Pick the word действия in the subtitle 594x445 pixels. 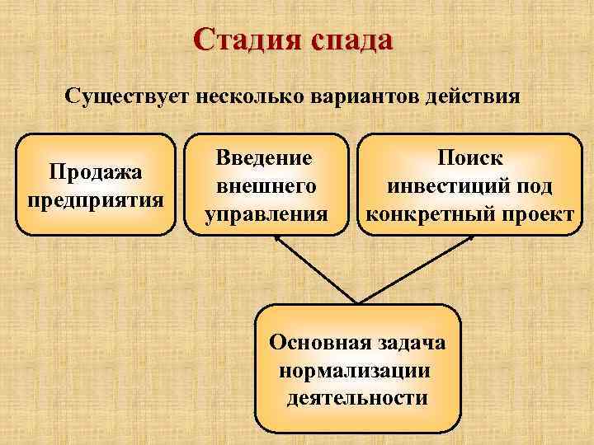click(471, 97)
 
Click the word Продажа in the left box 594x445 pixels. click(96, 172)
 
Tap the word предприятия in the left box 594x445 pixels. click(96, 199)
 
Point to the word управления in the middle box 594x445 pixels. click(266, 214)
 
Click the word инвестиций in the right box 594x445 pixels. click(443, 186)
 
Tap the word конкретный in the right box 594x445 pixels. click(429, 214)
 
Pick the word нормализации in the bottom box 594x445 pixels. click(355, 370)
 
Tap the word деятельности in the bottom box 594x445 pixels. click(357, 398)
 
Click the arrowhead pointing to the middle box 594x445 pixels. click(277, 240)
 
